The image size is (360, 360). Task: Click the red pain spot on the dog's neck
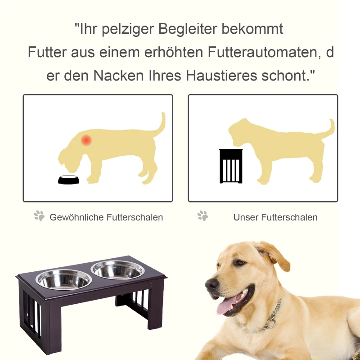86,140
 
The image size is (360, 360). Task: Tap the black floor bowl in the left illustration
69,180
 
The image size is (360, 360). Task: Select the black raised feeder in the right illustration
230,166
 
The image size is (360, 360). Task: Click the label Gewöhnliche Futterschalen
106,217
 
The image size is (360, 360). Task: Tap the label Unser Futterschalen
275,217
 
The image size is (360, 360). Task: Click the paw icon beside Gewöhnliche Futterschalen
40,216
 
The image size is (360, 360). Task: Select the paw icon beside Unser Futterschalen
203,216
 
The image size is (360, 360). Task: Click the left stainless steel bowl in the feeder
63,279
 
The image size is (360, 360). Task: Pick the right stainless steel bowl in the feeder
118,270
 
